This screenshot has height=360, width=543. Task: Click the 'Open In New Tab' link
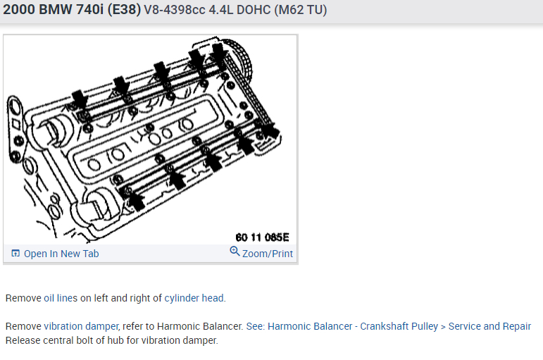pyautogui.click(x=61, y=254)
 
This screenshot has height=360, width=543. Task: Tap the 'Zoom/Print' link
pyautogui.click(x=268, y=254)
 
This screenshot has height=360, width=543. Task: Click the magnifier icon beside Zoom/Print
pyautogui.click(x=235, y=252)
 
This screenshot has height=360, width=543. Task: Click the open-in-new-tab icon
pyautogui.click(x=15, y=254)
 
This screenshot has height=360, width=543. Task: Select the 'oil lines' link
pyautogui.click(x=61, y=298)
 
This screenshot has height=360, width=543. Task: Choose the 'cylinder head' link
pyautogui.click(x=194, y=298)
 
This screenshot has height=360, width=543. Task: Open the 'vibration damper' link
pyautogui.click(x=82, y=326)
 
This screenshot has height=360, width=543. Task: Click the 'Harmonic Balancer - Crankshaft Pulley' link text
pyautogui.click(x=353, y=326)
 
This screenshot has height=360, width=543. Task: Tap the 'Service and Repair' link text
pyautogui.click(x=489, y=326)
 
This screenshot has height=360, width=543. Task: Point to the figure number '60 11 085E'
pyautogui.click(x=262, y=237)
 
